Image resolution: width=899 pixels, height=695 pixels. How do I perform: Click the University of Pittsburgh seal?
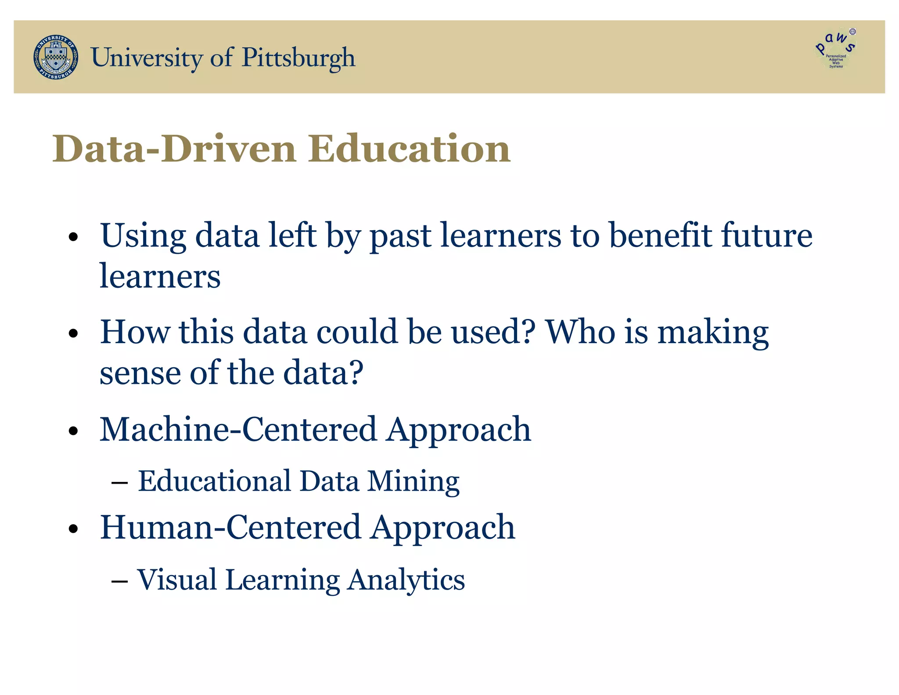pyautogui.click(x=56, y=57)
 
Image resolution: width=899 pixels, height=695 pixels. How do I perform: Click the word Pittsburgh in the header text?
pyautogui.click(x=298, y=58)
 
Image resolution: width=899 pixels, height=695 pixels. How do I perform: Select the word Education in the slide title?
pyautogui.click(x=409, y=148)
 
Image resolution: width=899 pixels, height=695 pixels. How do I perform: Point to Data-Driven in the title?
pyautogui.click(x=174, y=148)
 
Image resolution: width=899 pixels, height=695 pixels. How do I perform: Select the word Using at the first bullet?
pyautogui.click(x=143, y=236)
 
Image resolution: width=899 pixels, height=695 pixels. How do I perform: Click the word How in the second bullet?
pyautogui.click(x=134, y=332)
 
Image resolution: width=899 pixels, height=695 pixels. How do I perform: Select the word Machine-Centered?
pyautogui.click(x=238, y=429)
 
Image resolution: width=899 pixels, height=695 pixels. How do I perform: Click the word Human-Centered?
pyautogui.click(x=230, y=527)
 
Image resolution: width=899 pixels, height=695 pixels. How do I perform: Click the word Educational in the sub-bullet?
pyautogui.click(x=215, y=481)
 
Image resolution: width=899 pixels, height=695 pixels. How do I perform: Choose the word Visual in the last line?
pyautogui.click(x=177, y=579)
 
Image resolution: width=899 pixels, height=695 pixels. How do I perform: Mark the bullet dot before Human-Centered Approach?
pyautogui.click(x=73, y=528)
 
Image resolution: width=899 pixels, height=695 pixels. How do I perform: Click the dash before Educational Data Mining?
pyautogui.click(x=119, y=483)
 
